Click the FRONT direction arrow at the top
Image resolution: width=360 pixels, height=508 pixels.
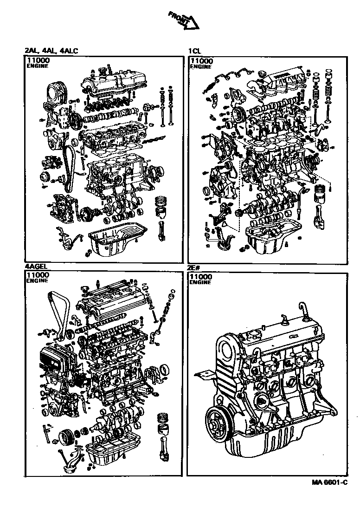[x=184, y=20]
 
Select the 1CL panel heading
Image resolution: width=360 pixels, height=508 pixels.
[x=194, y=51]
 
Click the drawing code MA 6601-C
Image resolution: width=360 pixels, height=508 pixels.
[x=329, y=482]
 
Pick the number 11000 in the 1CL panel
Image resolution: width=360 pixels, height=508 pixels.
[x=202, y=61]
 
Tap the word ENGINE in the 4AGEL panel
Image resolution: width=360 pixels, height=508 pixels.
[x=37, y=281]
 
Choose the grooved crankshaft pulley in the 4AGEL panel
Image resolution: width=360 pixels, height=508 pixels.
[x=67, y=437]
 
